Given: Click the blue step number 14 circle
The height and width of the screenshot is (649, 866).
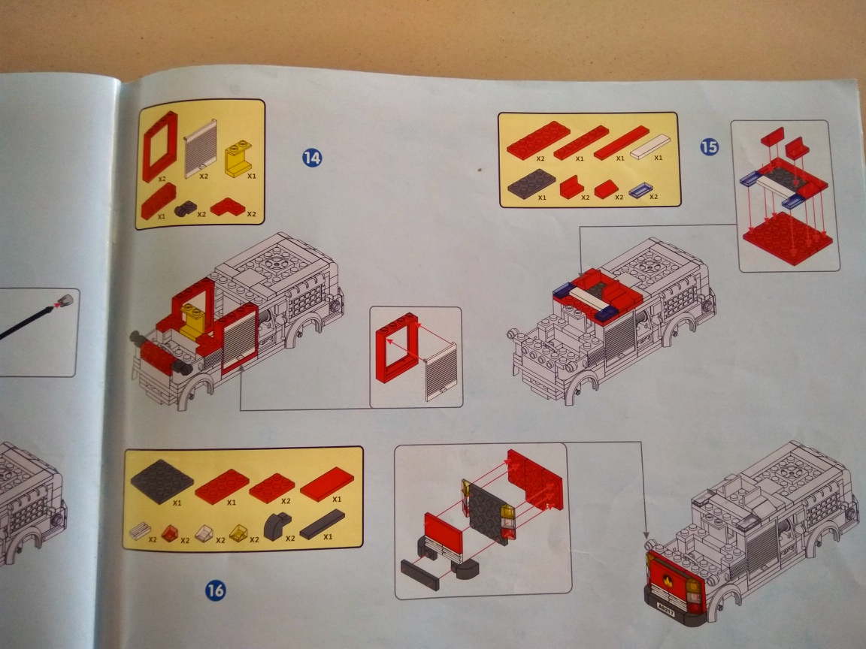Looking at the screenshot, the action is click(312, 158).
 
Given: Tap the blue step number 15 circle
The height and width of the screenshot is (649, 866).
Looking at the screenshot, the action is click(709, 146).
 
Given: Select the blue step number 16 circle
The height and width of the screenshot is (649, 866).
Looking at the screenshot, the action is click(216, 590).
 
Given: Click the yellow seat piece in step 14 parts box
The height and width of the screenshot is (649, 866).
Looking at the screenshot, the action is click(238, 159).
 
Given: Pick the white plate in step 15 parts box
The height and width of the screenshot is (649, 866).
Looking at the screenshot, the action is click(650, 146).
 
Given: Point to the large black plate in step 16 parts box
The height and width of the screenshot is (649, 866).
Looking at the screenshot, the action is click(162, 481).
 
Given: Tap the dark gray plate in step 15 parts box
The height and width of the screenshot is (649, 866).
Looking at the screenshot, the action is click(531, 183).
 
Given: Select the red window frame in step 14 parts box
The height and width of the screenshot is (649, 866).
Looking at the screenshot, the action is click(159, 146).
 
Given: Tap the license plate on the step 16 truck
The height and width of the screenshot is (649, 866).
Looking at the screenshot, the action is click(667, 609).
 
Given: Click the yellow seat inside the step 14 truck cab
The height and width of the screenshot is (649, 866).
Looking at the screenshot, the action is click(193, 321).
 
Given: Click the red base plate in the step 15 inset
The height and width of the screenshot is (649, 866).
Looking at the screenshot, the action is click(788, 238).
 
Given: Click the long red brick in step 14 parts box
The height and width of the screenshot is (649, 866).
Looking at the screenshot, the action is click(159, 201).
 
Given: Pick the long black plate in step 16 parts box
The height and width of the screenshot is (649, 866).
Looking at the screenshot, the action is click(322, 525).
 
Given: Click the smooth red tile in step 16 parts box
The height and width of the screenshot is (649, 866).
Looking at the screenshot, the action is click(327, 484).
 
